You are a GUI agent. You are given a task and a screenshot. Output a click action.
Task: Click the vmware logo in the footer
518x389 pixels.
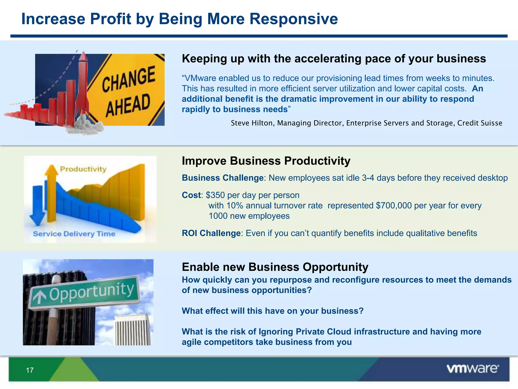tap(472, 369)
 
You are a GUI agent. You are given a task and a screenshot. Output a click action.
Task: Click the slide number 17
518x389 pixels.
tap(30, 370)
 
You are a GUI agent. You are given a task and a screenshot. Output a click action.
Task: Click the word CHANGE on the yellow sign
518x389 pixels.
tap(128, 79)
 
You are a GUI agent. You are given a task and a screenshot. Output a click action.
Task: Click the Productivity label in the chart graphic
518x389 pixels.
tap(83, 169)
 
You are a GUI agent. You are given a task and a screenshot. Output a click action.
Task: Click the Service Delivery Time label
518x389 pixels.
tap(74, 234)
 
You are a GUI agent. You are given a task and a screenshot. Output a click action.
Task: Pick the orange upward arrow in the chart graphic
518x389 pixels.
tap(52, 192)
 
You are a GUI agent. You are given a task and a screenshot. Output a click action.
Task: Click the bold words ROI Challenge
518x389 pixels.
tap(211, 233)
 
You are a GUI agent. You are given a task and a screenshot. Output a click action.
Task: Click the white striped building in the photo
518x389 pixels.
tap(133, 330)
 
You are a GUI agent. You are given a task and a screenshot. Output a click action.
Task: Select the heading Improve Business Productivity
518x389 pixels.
tap(266, 161)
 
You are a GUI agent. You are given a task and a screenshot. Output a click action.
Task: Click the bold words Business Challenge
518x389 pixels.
tap(223, 178)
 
